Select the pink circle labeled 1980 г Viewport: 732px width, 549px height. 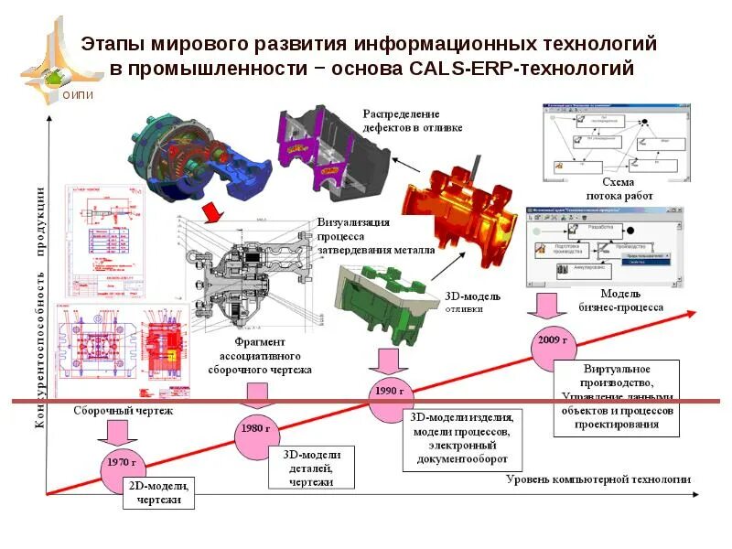[x=257, y=428]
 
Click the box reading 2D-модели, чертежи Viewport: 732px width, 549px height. [x=159, y=492]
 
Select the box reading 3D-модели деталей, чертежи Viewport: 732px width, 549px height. [x=312, y=468]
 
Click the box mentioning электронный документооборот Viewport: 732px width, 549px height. [x=455, y=441]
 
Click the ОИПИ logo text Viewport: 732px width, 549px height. [x=77, y=93]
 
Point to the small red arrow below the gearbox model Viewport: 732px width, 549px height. [x=212, y=212]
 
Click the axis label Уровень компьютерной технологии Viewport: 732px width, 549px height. [x=598, y=479]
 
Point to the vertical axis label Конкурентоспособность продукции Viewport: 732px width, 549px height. [x=40, y=307]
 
